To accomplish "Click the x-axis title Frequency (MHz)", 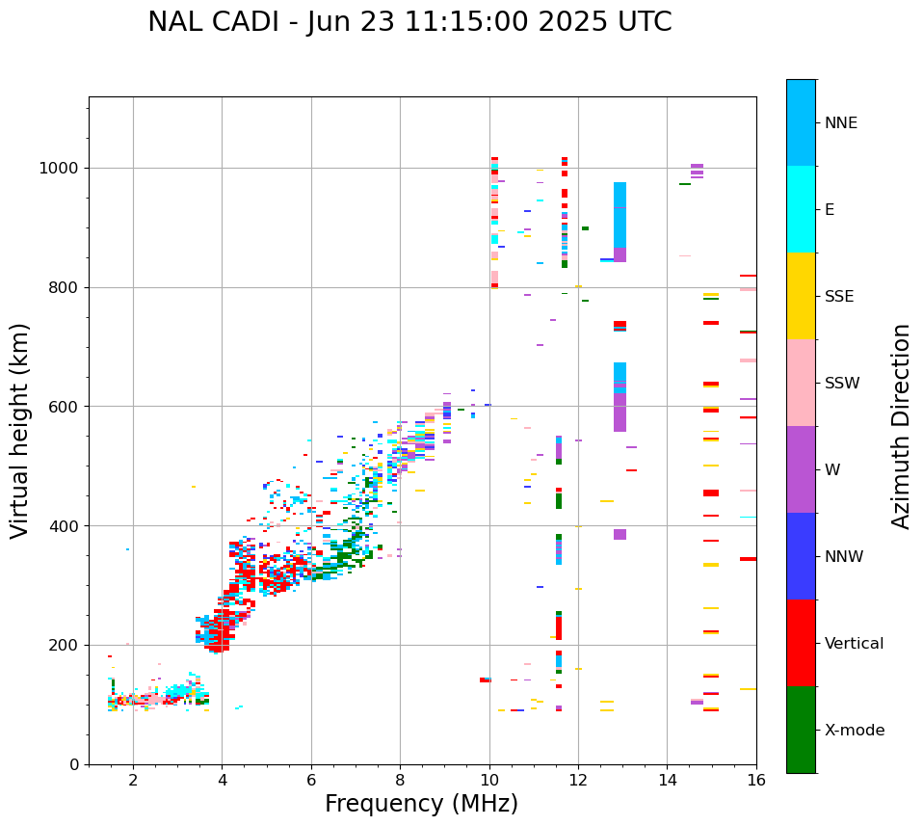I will coord(421,804).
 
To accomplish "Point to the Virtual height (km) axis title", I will coord(20,430).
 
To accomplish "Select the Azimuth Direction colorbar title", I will coord(901,426).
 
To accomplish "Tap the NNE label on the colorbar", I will coord(840,123).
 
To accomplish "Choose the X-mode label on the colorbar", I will coord(854,731).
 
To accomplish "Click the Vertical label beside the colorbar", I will coord(854,644).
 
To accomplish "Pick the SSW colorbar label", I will coord(842,384).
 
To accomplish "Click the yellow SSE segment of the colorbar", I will coord(801,296).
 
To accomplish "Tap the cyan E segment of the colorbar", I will coord(801,209).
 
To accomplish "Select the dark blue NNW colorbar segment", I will coord(801,556).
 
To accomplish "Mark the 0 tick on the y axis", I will coord(74,764).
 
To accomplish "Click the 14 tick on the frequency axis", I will coord(667,780).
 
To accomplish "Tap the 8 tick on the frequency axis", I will coord(400,780).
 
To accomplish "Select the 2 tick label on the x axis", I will coord(133,780).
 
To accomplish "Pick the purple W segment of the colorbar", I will coord(801,469).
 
